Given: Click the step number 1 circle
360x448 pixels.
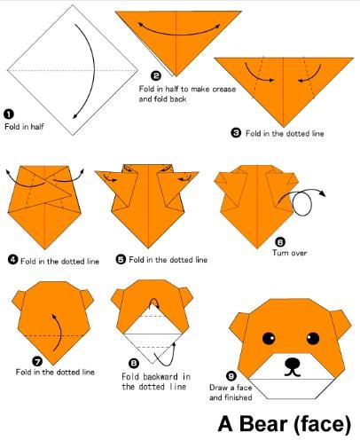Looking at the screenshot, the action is pos(9,114).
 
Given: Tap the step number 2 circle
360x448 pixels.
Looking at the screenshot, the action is pos(156,75).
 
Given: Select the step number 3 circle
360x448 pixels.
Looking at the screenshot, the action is pos(236,133).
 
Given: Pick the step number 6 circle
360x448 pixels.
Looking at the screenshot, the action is pos(280,242).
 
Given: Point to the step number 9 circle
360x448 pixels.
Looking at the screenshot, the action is pos(231,376).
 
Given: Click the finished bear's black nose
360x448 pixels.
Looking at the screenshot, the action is pos(293,363).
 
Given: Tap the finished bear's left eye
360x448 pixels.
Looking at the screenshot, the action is pos(269,338).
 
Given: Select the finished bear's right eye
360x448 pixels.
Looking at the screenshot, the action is pos(313,338).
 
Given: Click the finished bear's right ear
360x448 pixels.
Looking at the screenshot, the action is pos(340,324).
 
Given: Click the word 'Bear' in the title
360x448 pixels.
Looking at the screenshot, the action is pos(263,424).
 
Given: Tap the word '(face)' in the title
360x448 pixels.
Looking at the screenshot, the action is pos(323,425).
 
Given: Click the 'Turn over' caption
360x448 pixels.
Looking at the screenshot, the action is pos(289,253).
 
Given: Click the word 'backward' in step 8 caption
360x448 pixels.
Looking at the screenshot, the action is pos(160,377).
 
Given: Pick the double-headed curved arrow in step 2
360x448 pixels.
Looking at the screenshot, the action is pos(179,33).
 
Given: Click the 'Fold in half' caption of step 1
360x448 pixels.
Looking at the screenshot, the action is pos(24,127).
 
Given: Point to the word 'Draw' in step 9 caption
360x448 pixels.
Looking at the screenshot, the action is pos(218,388).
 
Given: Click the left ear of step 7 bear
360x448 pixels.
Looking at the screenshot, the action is pos(19,300).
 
